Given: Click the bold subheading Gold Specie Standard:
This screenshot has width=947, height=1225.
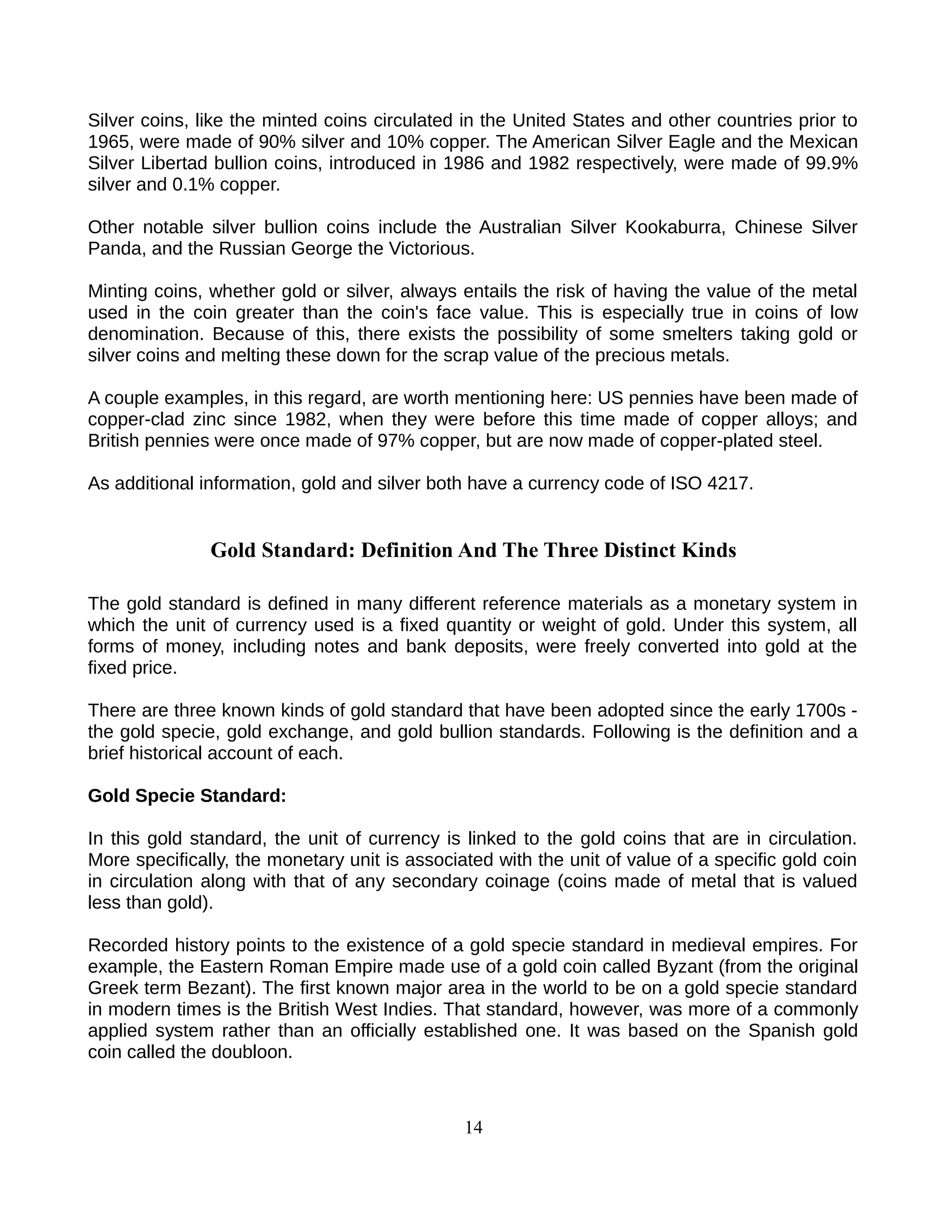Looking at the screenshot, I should pyautogui.click(x=187, y=796).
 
